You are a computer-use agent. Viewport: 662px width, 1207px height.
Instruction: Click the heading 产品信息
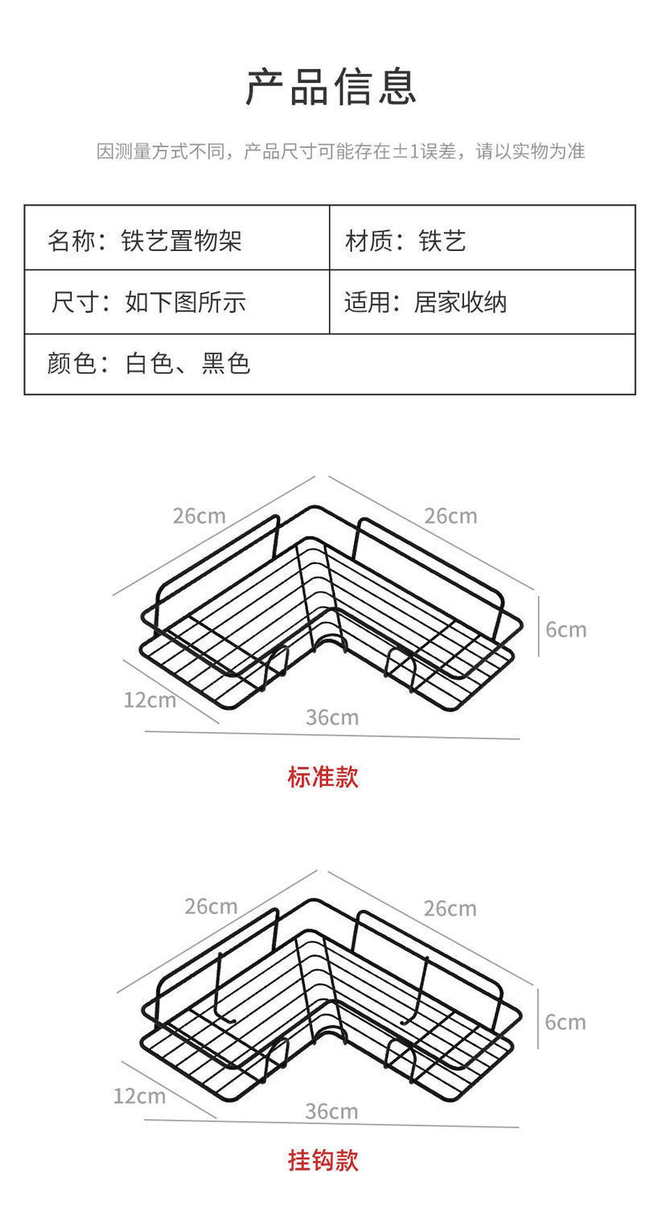331,87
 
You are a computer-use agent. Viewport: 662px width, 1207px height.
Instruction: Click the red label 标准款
323,777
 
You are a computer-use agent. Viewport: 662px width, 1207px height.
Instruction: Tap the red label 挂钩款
323,1160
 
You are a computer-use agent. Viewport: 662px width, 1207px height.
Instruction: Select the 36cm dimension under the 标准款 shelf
331,717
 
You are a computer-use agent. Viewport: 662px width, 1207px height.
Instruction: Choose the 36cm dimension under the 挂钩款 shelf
331,1111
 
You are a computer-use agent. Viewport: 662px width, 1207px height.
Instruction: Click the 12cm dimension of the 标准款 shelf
150,700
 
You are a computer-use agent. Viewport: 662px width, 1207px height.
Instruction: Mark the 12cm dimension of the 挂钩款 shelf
139,1095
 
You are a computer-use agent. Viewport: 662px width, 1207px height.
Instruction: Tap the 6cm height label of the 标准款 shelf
565,629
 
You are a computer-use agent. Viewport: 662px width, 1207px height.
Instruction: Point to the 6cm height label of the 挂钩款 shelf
565,1022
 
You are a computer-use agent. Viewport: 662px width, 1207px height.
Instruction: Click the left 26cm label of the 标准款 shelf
199,515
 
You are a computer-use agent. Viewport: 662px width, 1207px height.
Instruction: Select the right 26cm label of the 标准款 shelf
450,515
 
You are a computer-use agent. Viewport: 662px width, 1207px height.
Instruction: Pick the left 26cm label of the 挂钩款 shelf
211,906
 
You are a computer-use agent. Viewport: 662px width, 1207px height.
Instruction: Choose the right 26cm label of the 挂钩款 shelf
450,908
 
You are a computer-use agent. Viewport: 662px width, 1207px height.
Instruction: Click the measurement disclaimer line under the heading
340,150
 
